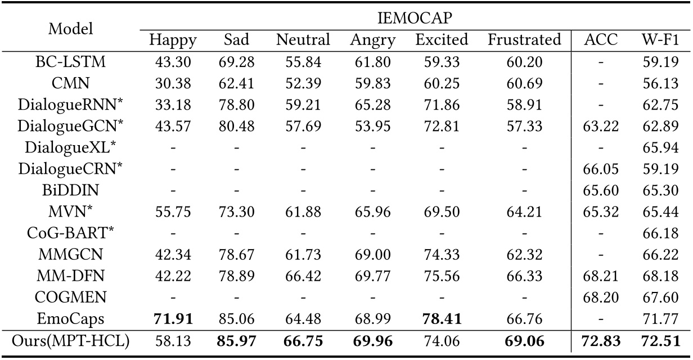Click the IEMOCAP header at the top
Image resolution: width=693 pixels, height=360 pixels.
(415, 18)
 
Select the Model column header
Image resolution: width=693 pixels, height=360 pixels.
(71, 29)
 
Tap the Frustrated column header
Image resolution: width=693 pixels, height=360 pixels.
(524, 40)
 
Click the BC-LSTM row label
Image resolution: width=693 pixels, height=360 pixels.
(71, 62)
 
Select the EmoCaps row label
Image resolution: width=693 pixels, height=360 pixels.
(71, 319)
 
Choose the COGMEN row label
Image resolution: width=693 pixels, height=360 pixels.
(71, 298)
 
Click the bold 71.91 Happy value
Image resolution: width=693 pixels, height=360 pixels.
(173, 319)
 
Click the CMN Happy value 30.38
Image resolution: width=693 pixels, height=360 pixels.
(173, 83)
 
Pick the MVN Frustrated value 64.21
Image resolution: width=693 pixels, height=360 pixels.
(524, 212)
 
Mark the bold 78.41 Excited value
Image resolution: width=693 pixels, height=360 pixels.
(442, 319)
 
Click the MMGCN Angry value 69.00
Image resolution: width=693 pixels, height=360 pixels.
(373, 255)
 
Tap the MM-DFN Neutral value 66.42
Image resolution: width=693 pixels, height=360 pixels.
(303, 276)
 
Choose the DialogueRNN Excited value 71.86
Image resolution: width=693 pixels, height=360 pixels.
(442, 105)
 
